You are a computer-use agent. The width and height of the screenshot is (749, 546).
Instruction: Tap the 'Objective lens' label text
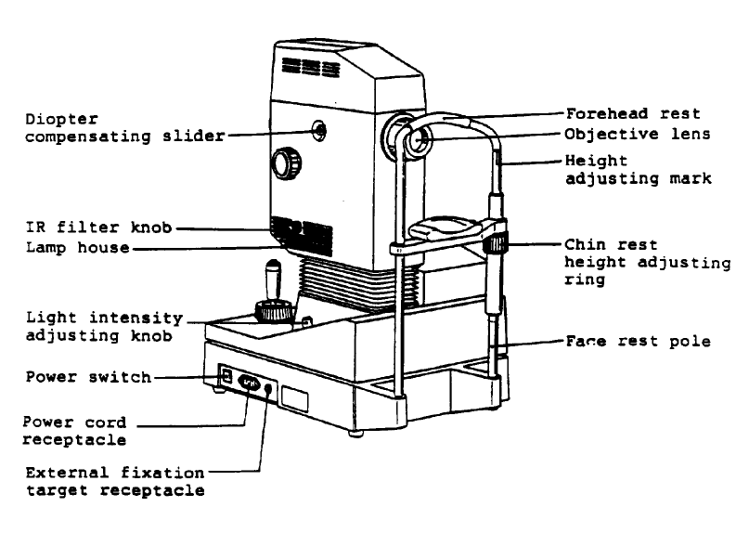(638, 135)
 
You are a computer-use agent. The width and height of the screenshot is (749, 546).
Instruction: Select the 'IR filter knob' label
(99, 227)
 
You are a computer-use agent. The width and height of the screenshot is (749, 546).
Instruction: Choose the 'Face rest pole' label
(638, 342)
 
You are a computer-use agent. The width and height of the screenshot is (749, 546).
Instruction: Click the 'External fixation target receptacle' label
(114, 481)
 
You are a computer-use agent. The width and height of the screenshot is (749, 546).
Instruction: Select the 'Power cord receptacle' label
(74, 430)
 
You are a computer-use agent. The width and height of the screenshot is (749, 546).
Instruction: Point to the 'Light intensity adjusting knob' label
(103, 327)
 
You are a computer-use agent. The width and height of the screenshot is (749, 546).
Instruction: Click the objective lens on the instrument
(416, 140)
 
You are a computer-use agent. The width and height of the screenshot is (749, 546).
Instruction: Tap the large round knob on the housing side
(286, 164)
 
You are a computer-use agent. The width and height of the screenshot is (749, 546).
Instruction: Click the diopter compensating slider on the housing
(318, 130)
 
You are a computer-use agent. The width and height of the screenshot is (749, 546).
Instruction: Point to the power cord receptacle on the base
(248, 382)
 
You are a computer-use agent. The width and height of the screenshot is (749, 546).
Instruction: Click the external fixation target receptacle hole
(269, 389)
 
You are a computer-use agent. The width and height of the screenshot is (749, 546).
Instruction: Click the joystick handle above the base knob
(273, 278)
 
